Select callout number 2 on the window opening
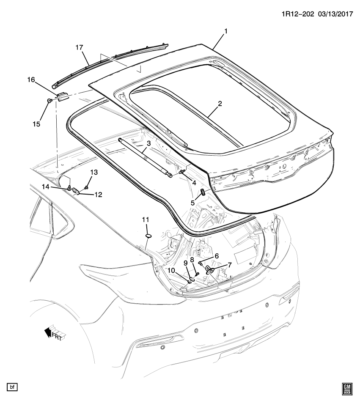point(220,103)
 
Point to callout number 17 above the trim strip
point(79,48)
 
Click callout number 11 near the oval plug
point(146,219)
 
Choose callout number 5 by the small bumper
point(192,203)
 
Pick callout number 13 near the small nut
point(94,172)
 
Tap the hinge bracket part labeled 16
point(63,97)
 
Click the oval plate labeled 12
point(77,191)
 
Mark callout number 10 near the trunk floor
point(171,270)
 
